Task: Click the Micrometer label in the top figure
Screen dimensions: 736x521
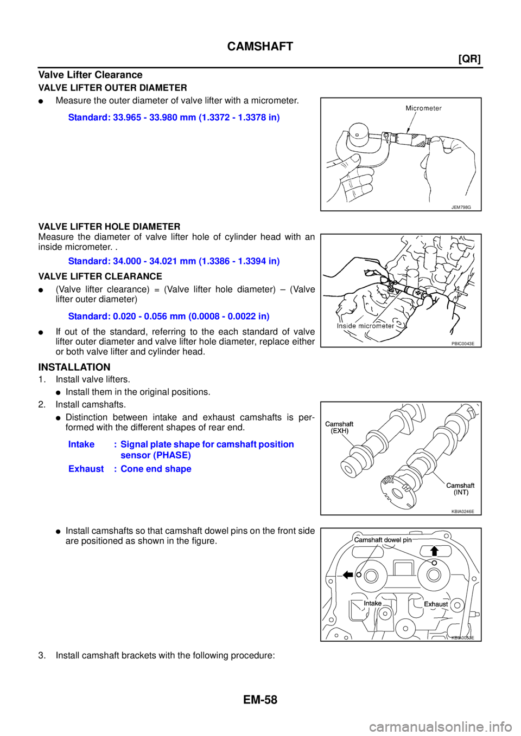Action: (x=423, y=108)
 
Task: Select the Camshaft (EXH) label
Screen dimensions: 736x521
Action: (x=339, y=427)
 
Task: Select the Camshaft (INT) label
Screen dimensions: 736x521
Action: (x=460, y=488)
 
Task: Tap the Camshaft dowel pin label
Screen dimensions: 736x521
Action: (x=383, y=540)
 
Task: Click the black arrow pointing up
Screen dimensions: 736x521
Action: (x=434, y=551)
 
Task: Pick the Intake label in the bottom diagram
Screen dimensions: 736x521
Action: (x=373, y=603)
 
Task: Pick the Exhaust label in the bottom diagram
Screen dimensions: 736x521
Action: (x=436, y=604)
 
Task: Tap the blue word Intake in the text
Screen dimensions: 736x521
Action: (x=81, y=444)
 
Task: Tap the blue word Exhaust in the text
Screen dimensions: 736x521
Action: (x=86, y=469)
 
